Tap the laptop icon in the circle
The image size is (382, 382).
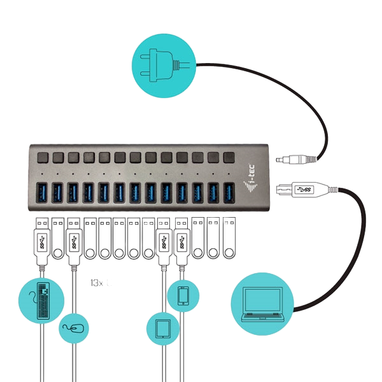coord(262,304)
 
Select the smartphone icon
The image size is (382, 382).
coord(183,296)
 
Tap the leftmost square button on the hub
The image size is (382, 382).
coord(43,157)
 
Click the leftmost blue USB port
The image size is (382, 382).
coord(42,192)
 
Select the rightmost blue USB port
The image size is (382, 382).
coord(229,192)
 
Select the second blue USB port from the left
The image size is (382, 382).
coord(57,192)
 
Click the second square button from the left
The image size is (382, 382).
coord(58,157)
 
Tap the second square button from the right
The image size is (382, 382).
coord(213,157)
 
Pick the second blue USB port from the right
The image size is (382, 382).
coord(213,192)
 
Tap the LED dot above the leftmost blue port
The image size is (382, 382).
coord(43,173)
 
